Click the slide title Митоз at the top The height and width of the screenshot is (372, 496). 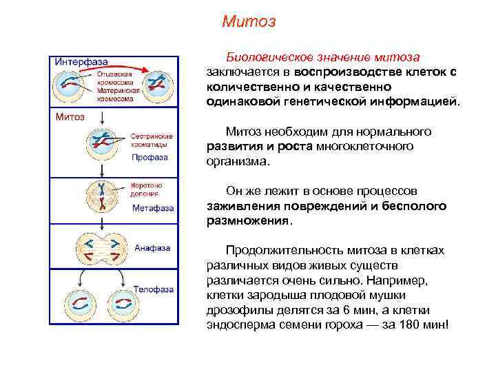(x=249, y=22)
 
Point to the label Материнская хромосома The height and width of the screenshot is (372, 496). (x=118, y=94)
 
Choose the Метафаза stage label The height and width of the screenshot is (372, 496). (x=153, y=207)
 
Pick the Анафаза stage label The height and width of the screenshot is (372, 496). (x=152, y=247)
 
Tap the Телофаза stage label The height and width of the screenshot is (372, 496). (x=153, y=289)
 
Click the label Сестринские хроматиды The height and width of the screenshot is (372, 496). (x=151, y=141)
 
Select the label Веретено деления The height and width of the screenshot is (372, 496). (x=146, y=192)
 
